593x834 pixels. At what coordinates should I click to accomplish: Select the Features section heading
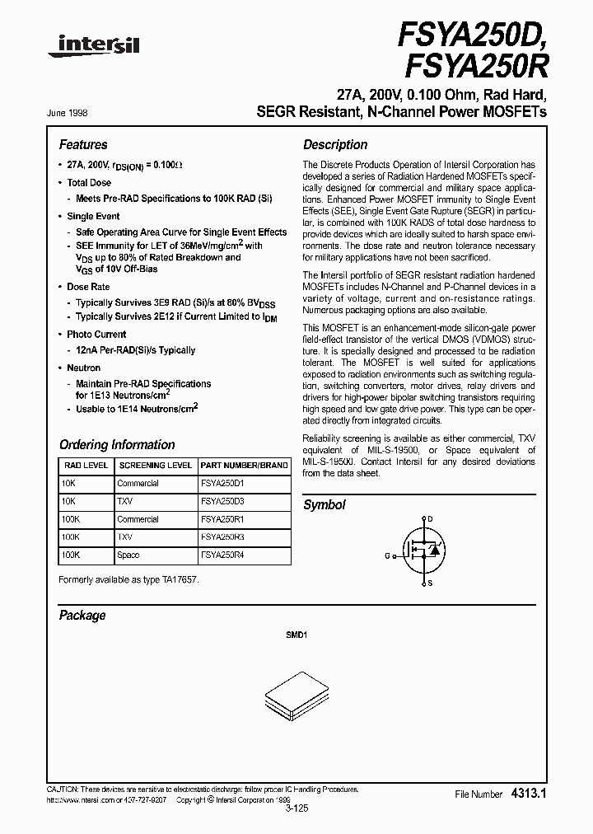pyautogui.click(x=83, y=144)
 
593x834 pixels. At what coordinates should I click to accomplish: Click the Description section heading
pyautogui.click(x=335, y=144)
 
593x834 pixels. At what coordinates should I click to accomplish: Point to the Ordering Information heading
pyautogui.click(x=117, y=445)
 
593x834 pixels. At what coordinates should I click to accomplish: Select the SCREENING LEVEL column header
pyautogui.click(x=155, y=465)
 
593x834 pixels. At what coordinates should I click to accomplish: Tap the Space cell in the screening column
pyautogui.click(x=128, y=555)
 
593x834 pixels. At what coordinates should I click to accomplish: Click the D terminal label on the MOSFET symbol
pyautogui.click(x=429, y=519)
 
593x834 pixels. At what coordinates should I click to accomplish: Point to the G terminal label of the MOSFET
pyautogui.click(x=387, y=555)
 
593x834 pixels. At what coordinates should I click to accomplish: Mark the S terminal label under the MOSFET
pyautogui.click(x=429, y=583)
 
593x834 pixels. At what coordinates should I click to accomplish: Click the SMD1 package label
pyautogui.click(x=296, y=636)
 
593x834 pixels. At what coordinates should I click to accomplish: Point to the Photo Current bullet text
pyautogui.click(x=96, y=335)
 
